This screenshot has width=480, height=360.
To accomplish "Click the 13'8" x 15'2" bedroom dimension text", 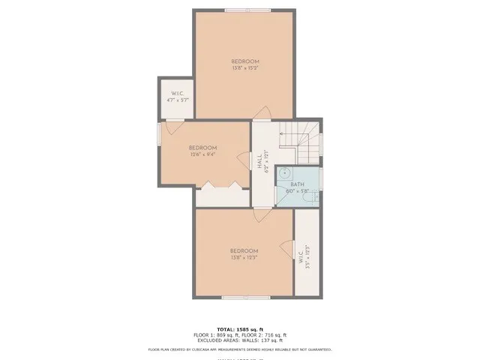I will click(x=245, y=68).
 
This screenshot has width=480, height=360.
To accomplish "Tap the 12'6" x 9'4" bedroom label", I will click(x=202, y=155).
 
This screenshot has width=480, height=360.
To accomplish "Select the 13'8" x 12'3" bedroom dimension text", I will click(x=244, y=257).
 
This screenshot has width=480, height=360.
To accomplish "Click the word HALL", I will click(x=259, y=160).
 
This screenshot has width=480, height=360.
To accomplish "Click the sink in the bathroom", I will click(x=283, y=175).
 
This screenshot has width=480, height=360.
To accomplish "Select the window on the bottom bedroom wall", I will click(x=244, y=298).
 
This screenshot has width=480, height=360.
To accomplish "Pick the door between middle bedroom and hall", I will click(x=244, y=160).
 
